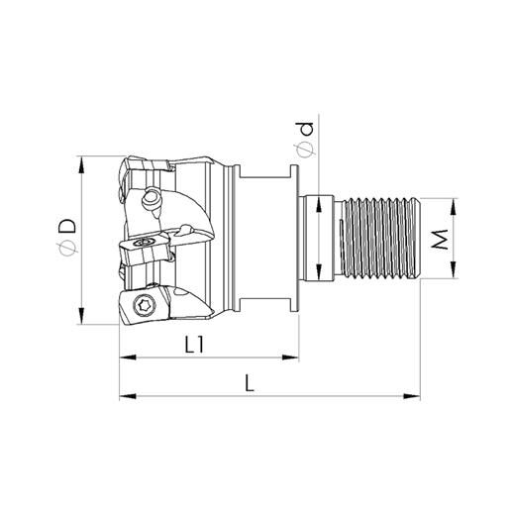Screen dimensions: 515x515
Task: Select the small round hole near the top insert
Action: click(x=154, y=197)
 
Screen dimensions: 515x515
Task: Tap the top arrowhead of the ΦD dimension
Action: click(x=80, y=160)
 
